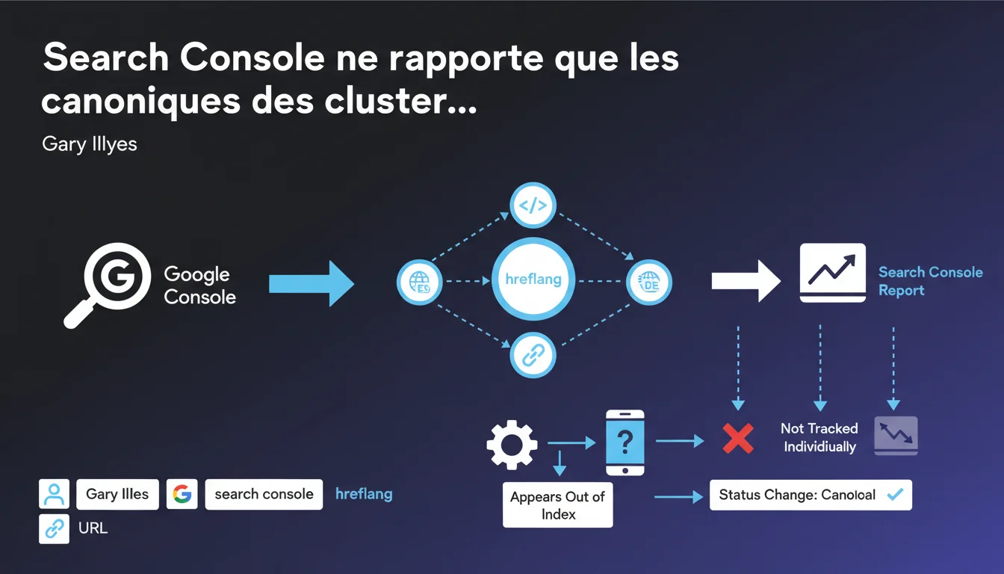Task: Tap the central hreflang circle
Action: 533,280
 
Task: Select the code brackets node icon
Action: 533,205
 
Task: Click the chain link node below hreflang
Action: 533,355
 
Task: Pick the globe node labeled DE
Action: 648,282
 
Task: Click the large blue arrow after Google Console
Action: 311,283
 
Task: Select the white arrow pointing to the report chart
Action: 746,281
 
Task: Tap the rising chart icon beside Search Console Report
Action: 832,273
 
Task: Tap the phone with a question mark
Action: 625,442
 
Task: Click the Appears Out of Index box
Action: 557,505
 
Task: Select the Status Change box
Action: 811,495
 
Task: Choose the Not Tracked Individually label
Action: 819,437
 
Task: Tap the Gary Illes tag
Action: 117,494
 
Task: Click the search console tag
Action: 264,494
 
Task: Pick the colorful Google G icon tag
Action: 182,494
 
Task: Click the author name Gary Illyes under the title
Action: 90,143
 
